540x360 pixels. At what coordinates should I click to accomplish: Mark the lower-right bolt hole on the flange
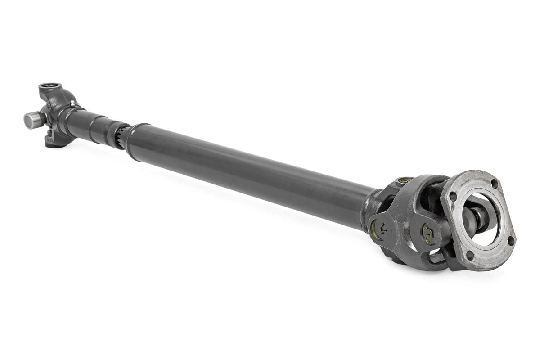[x=510, y=241]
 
